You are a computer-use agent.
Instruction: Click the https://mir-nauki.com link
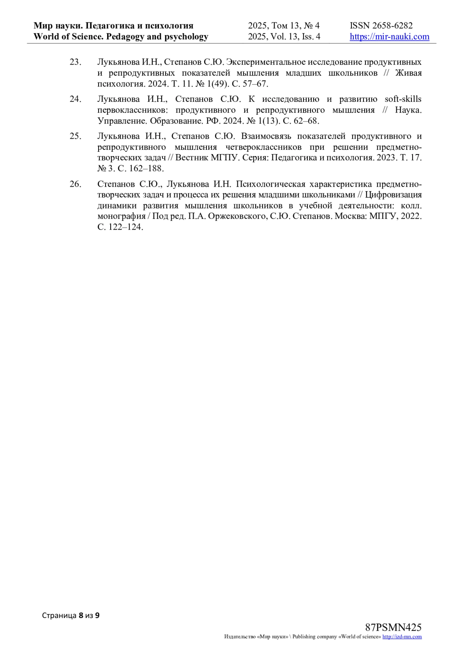[x=389, y=37]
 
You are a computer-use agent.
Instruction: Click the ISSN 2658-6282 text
[x=381, y=26]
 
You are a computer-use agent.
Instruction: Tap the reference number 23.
[x=75, y=62]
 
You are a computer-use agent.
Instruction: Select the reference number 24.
[x=75, y=99]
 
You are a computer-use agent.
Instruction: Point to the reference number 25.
[x=75, y=136]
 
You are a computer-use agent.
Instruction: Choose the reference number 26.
[x=75, y=184]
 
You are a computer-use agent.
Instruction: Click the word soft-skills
[x=403, y=99]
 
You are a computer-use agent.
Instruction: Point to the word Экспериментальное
[x=265, y=62]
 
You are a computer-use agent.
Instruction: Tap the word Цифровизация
[x=393, y=194]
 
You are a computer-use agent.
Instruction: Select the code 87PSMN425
[x=393, y=628]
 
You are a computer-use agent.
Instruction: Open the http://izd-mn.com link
[x=402, y=637]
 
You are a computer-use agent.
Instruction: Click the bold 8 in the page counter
[x=81, y=615]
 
